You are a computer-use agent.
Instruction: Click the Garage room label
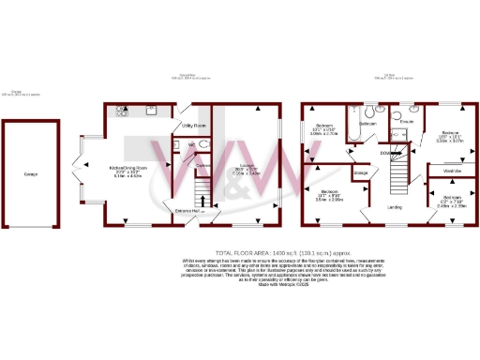click(x=31, y=174)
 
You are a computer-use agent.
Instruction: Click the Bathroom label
click(x=367, y=124)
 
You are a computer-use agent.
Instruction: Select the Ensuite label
click(x=408, y=123)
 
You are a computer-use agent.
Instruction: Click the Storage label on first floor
click(x=361, y=173)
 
